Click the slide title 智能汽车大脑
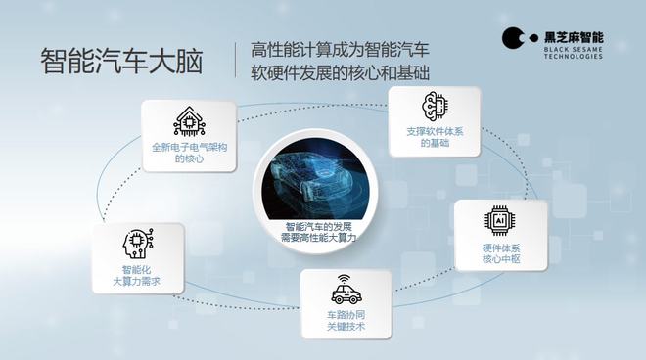pos(121,61)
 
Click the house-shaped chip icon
pos(190,121)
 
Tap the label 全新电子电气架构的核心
pos(190,153)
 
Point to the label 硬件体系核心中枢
pos(499,253)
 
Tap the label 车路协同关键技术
pos(346,322)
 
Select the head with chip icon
pos(138,244)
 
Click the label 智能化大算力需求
pos(138,275)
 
